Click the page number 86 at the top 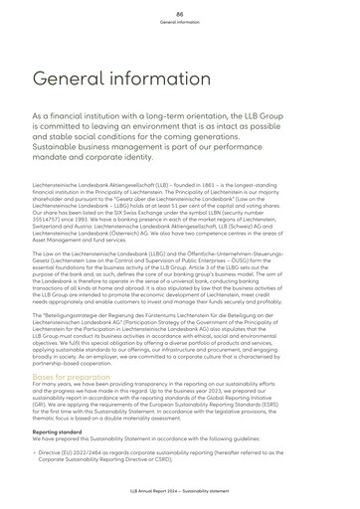[180, 11]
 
